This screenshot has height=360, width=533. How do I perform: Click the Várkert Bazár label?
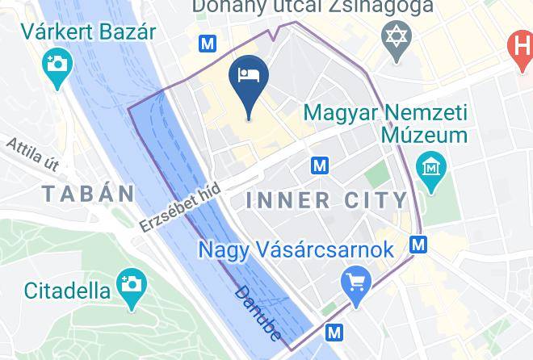pyautogui.click(x=89, y=33)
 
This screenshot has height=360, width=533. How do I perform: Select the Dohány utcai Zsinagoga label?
pyautogui.click(x=313, y=7)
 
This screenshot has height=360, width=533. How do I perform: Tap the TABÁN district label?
pyautogui.click(x=88, y=194)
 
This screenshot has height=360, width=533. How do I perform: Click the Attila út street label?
pyautogui.click(x=33, y=154)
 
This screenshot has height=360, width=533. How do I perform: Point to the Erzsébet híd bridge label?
pyautogui.click(x=179, y=207)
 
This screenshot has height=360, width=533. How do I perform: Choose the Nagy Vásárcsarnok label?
pyautogui.click(x=297, y=249)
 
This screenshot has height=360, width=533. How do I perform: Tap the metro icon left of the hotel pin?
pyautogui.click(x=210, y=44)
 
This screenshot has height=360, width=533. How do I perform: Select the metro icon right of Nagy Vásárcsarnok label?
pyautogui.click(x=418, y=243)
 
